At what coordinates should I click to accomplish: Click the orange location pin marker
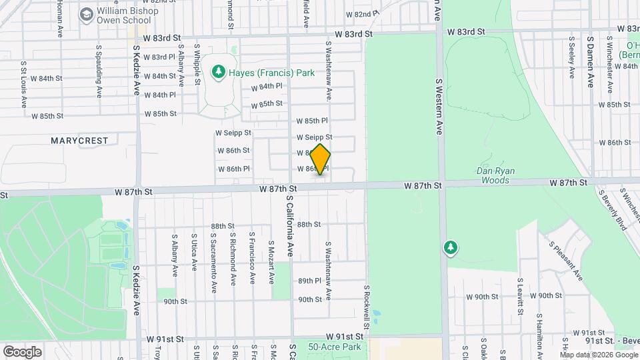(321, 159)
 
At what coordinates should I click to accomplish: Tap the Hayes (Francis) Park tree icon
(219, 72)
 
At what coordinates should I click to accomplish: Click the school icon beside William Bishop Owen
(86, 15)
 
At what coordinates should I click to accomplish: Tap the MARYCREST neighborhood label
(79, 140)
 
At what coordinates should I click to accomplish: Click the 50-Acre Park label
(334, 347)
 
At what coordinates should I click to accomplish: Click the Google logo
(22, 351)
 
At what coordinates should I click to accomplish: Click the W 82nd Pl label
(362, 14)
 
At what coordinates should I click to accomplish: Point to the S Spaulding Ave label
(98, 71)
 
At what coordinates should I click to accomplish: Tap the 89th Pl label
(310, 281)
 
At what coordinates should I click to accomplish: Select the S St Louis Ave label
(23, 85)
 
